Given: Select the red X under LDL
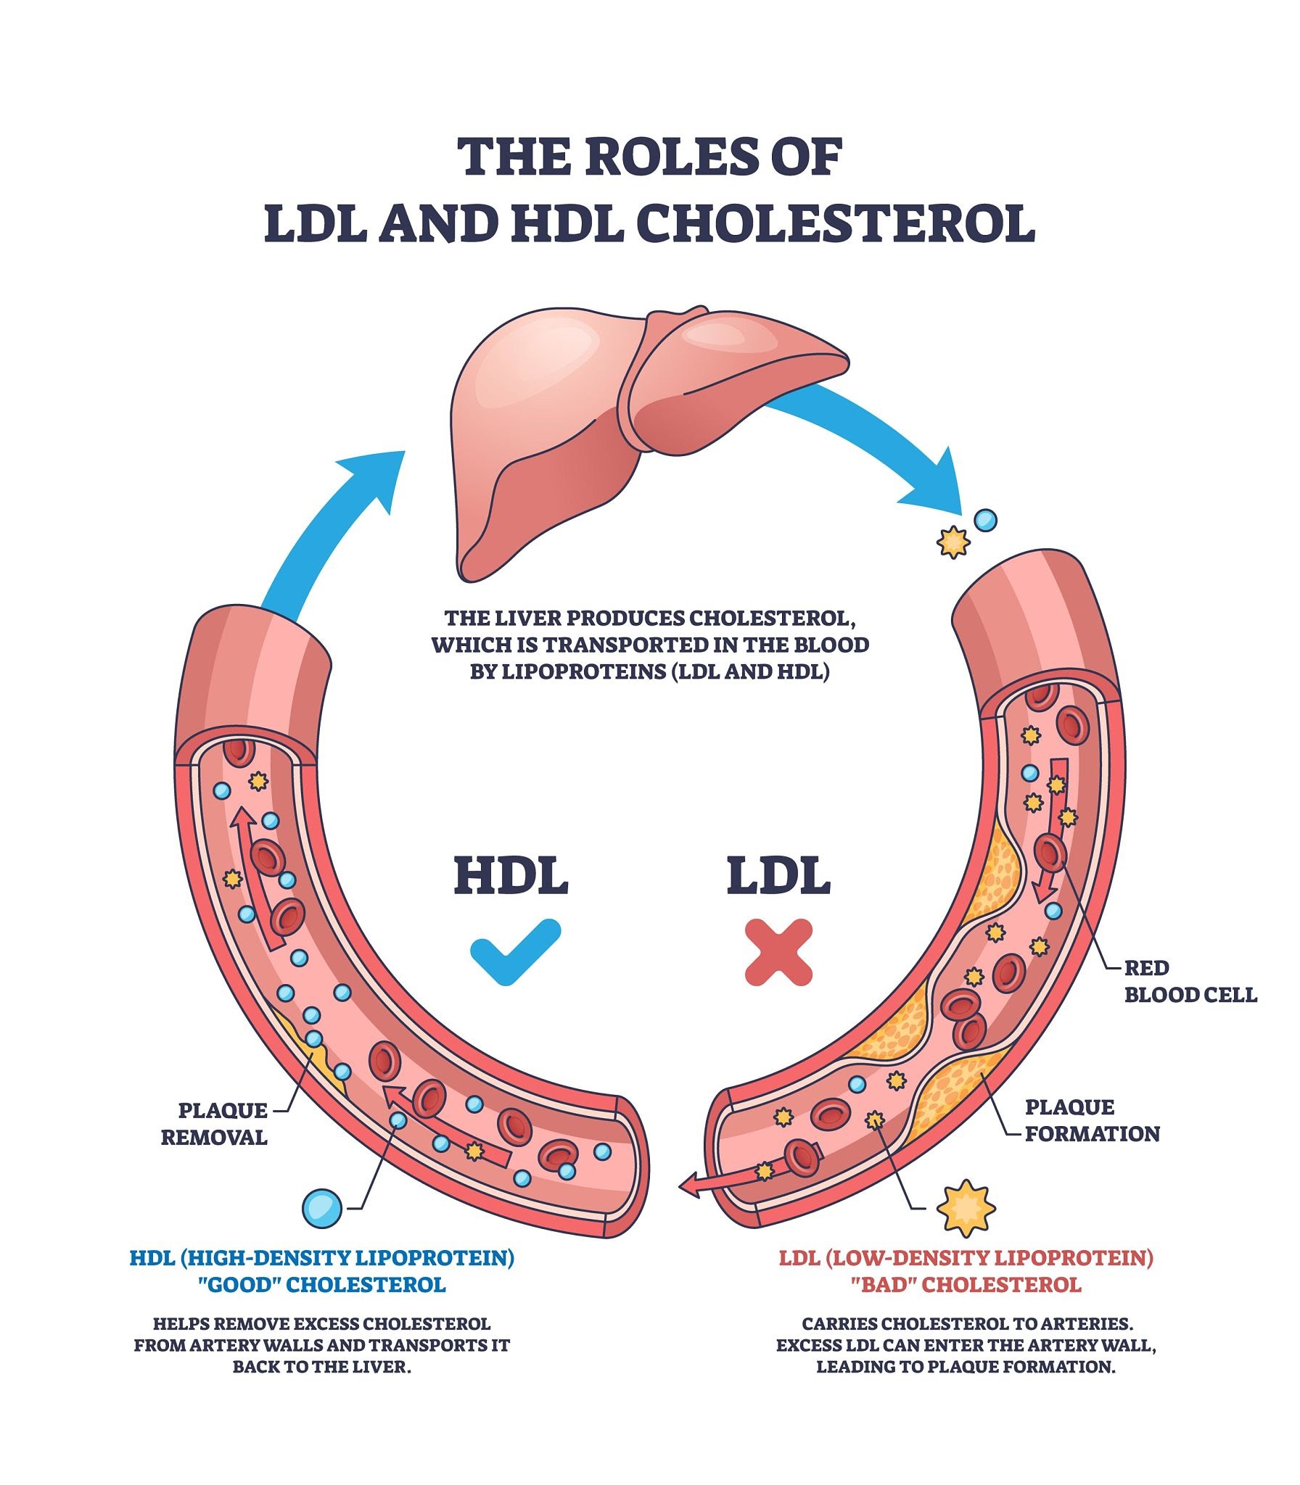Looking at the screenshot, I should click(778, 951).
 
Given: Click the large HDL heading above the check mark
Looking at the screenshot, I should click(511, 876).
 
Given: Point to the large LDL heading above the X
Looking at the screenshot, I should click(778, 876).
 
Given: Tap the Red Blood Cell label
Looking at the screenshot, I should click(1190, 981).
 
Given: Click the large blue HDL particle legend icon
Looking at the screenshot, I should click(321, 1208).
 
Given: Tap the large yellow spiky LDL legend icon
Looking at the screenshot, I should click(966, 1207).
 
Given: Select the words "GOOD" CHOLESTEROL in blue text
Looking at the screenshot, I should click(322, 1285).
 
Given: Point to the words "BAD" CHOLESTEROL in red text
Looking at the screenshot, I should click(966, 1285).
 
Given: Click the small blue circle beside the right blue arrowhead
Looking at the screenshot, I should click(985, 520).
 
